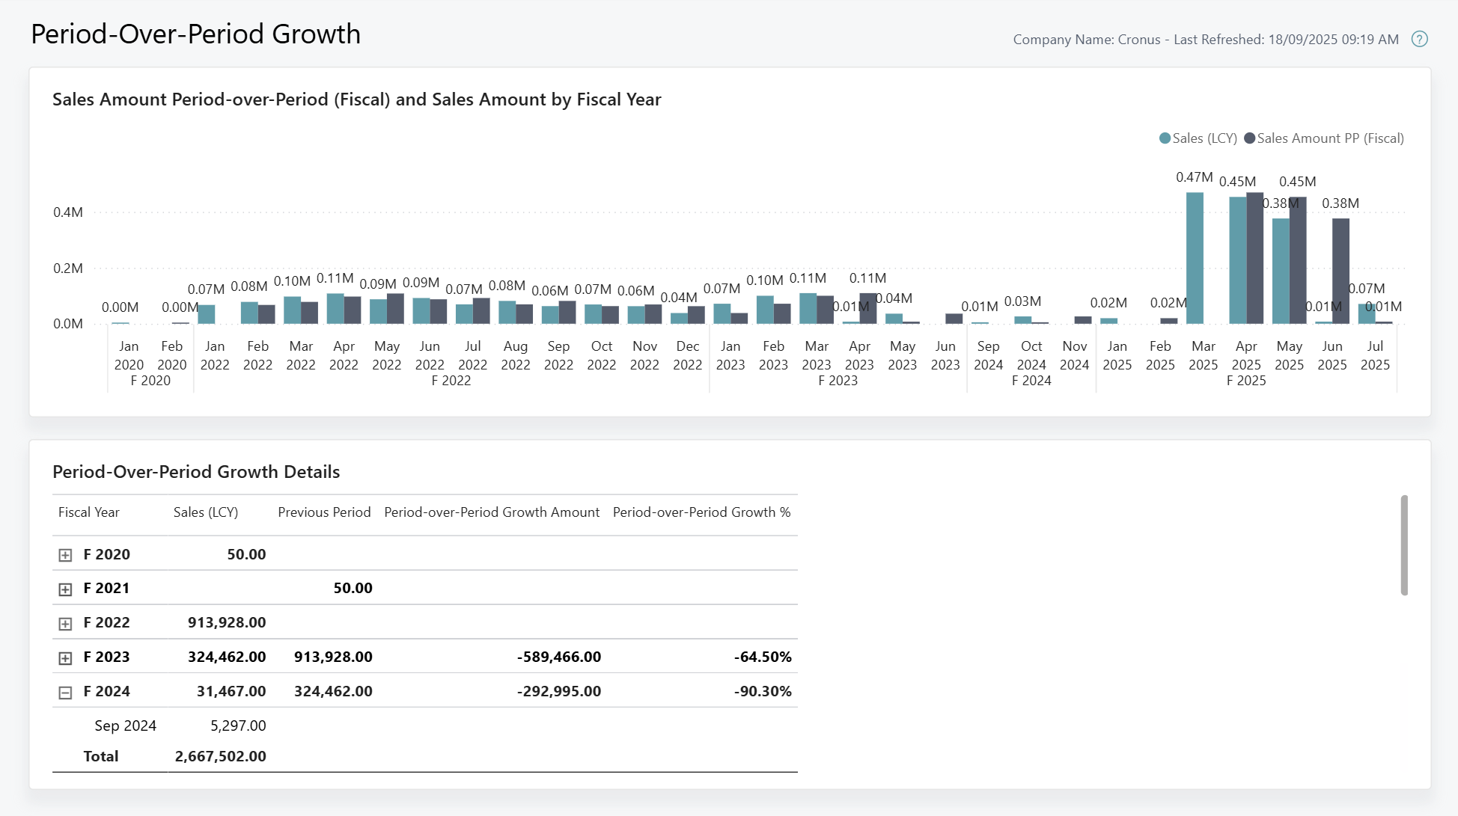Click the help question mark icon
click(1419, 39)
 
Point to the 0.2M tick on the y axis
click(67, 269)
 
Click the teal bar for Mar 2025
click(1195, 258)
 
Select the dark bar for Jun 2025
click(1340, 271)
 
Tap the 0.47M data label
click(1194, 177)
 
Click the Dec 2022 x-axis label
click(687, 355)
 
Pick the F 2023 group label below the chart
click(838, 381)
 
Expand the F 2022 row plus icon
click(65, 624)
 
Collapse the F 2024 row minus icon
click(65, 693)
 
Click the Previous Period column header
click(324, 512)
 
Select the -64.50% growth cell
click(762, 657)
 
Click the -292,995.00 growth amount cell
click(558, 691)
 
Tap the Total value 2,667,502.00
click(220, 756)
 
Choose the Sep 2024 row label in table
click(125, 725)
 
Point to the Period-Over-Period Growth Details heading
click(196, 472)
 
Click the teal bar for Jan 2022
click(207, 314)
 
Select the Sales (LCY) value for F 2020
click(246, 554)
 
